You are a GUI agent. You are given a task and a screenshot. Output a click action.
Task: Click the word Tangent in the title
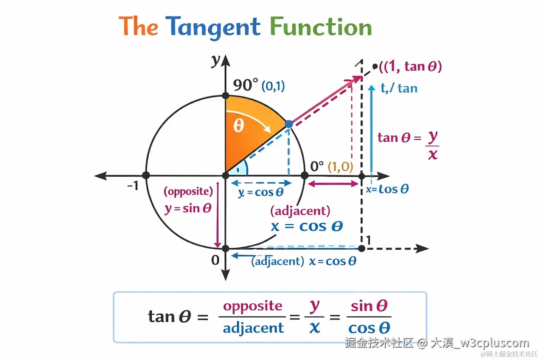214,26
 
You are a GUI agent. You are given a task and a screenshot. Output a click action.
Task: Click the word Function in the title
321,26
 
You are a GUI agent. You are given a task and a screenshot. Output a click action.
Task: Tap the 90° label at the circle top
246,85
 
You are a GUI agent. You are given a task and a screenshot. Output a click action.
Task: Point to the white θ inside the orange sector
238,126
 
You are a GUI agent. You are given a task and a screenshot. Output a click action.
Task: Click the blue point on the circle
289,124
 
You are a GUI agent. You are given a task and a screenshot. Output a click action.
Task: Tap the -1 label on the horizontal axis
133,186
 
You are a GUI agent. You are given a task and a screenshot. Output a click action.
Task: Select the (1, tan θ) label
410,66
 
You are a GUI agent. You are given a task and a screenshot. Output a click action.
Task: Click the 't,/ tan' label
399,88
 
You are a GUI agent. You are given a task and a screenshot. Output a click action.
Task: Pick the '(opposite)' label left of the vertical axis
188,191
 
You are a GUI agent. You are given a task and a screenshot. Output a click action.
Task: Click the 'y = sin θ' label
188,208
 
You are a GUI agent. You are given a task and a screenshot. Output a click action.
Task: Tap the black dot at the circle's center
226,175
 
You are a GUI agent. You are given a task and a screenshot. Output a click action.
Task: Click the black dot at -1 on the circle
146,175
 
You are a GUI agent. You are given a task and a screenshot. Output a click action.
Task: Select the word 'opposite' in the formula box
252,306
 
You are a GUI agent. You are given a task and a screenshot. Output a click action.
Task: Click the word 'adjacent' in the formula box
253,328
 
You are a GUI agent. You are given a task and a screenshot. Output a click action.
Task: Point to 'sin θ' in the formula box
369,306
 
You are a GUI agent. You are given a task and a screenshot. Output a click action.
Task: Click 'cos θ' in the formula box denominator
369,328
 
